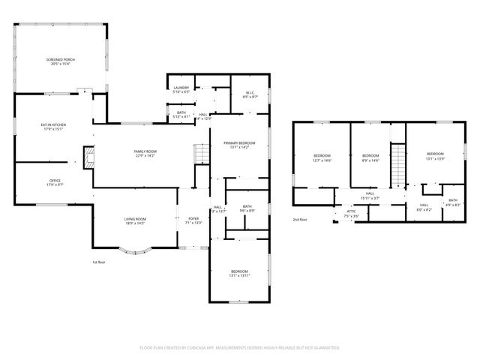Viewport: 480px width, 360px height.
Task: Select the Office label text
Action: [x=55, y=181]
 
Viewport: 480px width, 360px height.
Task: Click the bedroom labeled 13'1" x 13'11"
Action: [x=239, y=273]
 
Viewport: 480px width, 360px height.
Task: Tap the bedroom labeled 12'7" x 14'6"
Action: [x=322, y=158]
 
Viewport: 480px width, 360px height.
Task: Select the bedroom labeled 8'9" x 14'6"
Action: [x=370, y=158]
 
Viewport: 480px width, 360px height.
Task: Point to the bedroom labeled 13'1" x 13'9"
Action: [x=435, y=156]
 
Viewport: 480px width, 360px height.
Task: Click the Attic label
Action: [x=352, y=214]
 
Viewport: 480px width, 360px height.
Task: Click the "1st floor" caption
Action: [x=98, y=262]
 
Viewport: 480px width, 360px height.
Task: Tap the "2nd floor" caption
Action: [x=301, y=220]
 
